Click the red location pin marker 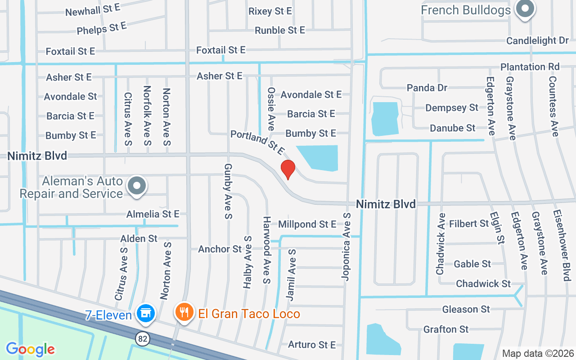pos(288,169)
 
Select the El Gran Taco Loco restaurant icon pos(184,312)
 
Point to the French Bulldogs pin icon pos(524,9)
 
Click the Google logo pos(30,349)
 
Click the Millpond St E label pos(307,224)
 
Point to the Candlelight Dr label pos(537,40)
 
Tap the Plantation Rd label pos(530,67)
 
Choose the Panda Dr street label pos(427,87)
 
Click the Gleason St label pos(466,309)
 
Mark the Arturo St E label pos(312,345)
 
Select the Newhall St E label pos(93,9)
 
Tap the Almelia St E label pos(153,214)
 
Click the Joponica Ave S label pos(346,247)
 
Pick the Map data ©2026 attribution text pos(538,353)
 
